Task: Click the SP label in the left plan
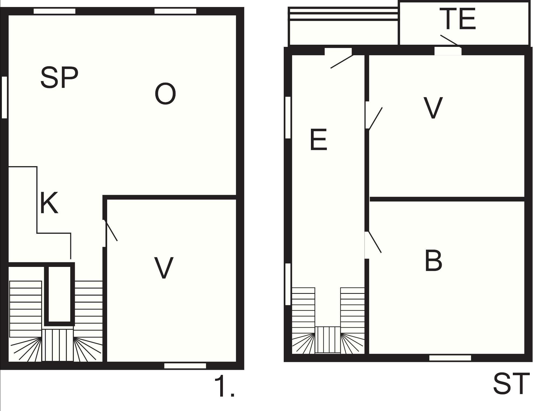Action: point(59,78)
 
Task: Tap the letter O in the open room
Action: point(165,94)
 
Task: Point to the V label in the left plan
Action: point(164,268)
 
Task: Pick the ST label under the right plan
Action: point(511,384)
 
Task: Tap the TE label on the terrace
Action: point(458,19)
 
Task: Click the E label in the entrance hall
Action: point(318,140)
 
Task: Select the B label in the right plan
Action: point(433,260)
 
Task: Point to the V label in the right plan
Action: point(433,108)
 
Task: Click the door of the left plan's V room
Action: point(111,230)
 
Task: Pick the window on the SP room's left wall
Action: point(4,97)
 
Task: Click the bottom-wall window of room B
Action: point(450,358)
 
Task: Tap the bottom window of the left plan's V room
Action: point(185,366)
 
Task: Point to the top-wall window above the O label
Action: point(175,11)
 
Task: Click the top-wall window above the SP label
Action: point(54,11)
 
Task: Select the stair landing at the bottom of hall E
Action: point(328,340)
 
